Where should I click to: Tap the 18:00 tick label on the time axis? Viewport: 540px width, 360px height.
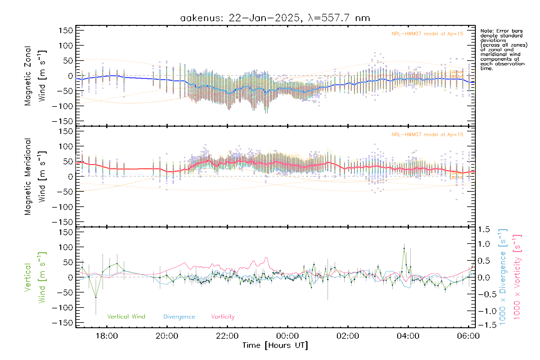click(x=107, y=336)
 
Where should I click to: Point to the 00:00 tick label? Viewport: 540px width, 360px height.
click(x=287, y=336)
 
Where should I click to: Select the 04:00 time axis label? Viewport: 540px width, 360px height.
click(x=408, y=336)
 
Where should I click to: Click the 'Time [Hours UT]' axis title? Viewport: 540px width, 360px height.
click(x=275, y=345)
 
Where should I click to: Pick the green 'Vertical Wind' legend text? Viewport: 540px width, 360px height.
click(x=126, y=317)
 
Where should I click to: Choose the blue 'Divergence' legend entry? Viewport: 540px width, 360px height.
click(x=179, y=317)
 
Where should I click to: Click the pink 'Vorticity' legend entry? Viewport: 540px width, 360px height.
click(x=223, y=317)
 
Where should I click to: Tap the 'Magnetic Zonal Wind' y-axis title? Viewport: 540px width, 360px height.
click(x=35, y=76)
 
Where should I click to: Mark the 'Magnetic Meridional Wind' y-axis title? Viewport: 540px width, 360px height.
click(x=35, y=177)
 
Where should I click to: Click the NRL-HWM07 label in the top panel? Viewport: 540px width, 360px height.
click(x=427, y=34)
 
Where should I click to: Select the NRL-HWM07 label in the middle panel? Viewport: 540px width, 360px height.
click(x=427, y=135)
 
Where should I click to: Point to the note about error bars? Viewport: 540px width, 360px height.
click(x=503, y=49)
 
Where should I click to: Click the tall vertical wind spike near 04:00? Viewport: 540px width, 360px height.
click(x=404, y=248)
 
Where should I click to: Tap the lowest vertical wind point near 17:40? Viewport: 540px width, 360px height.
click(x=96, y=297)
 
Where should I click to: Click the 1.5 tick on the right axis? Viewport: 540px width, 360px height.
click(x=484, y=229)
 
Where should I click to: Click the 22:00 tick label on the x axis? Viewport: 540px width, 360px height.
click(x=227, y=336)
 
